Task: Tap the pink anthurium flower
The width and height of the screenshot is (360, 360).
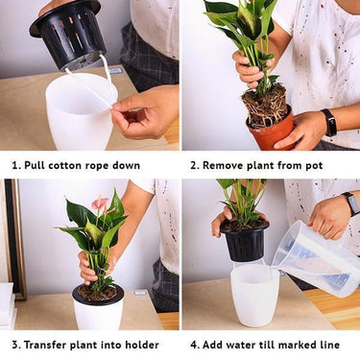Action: click(100, 204)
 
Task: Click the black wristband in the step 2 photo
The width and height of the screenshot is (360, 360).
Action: click(329, 122)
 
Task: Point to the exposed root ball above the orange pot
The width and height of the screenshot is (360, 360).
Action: click(265, 105)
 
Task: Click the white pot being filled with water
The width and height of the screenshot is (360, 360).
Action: click(254, 295)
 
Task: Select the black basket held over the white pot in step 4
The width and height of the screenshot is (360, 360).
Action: click(245, 241)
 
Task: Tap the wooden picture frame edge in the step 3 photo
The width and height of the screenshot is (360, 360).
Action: click(16, 238)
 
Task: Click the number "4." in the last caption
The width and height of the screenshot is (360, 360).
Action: click(195, 345)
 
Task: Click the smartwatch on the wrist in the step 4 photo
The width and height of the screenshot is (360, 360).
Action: click(351, 204)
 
